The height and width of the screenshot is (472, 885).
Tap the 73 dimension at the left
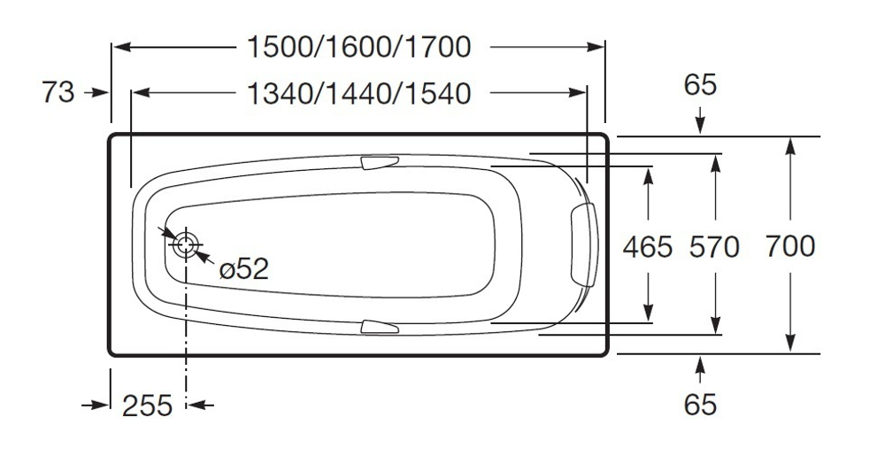click(x=58, y=91)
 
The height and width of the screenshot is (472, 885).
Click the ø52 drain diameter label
click(x=242, y=268)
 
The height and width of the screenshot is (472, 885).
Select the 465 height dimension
click(x=648, y=245)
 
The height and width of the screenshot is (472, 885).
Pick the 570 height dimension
click(x=713, y=246)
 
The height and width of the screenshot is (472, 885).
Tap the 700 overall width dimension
click(x=790, y=245)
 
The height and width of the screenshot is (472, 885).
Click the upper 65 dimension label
click(x=700, y=86)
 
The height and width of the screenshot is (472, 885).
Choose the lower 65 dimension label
click(x=700, y=405)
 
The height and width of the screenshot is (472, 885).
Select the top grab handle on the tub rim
click(x=380, y=163)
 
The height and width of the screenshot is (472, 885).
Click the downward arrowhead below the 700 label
click(x=790, y=343)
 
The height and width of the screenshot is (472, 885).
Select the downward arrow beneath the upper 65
click(x=700, y=124)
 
